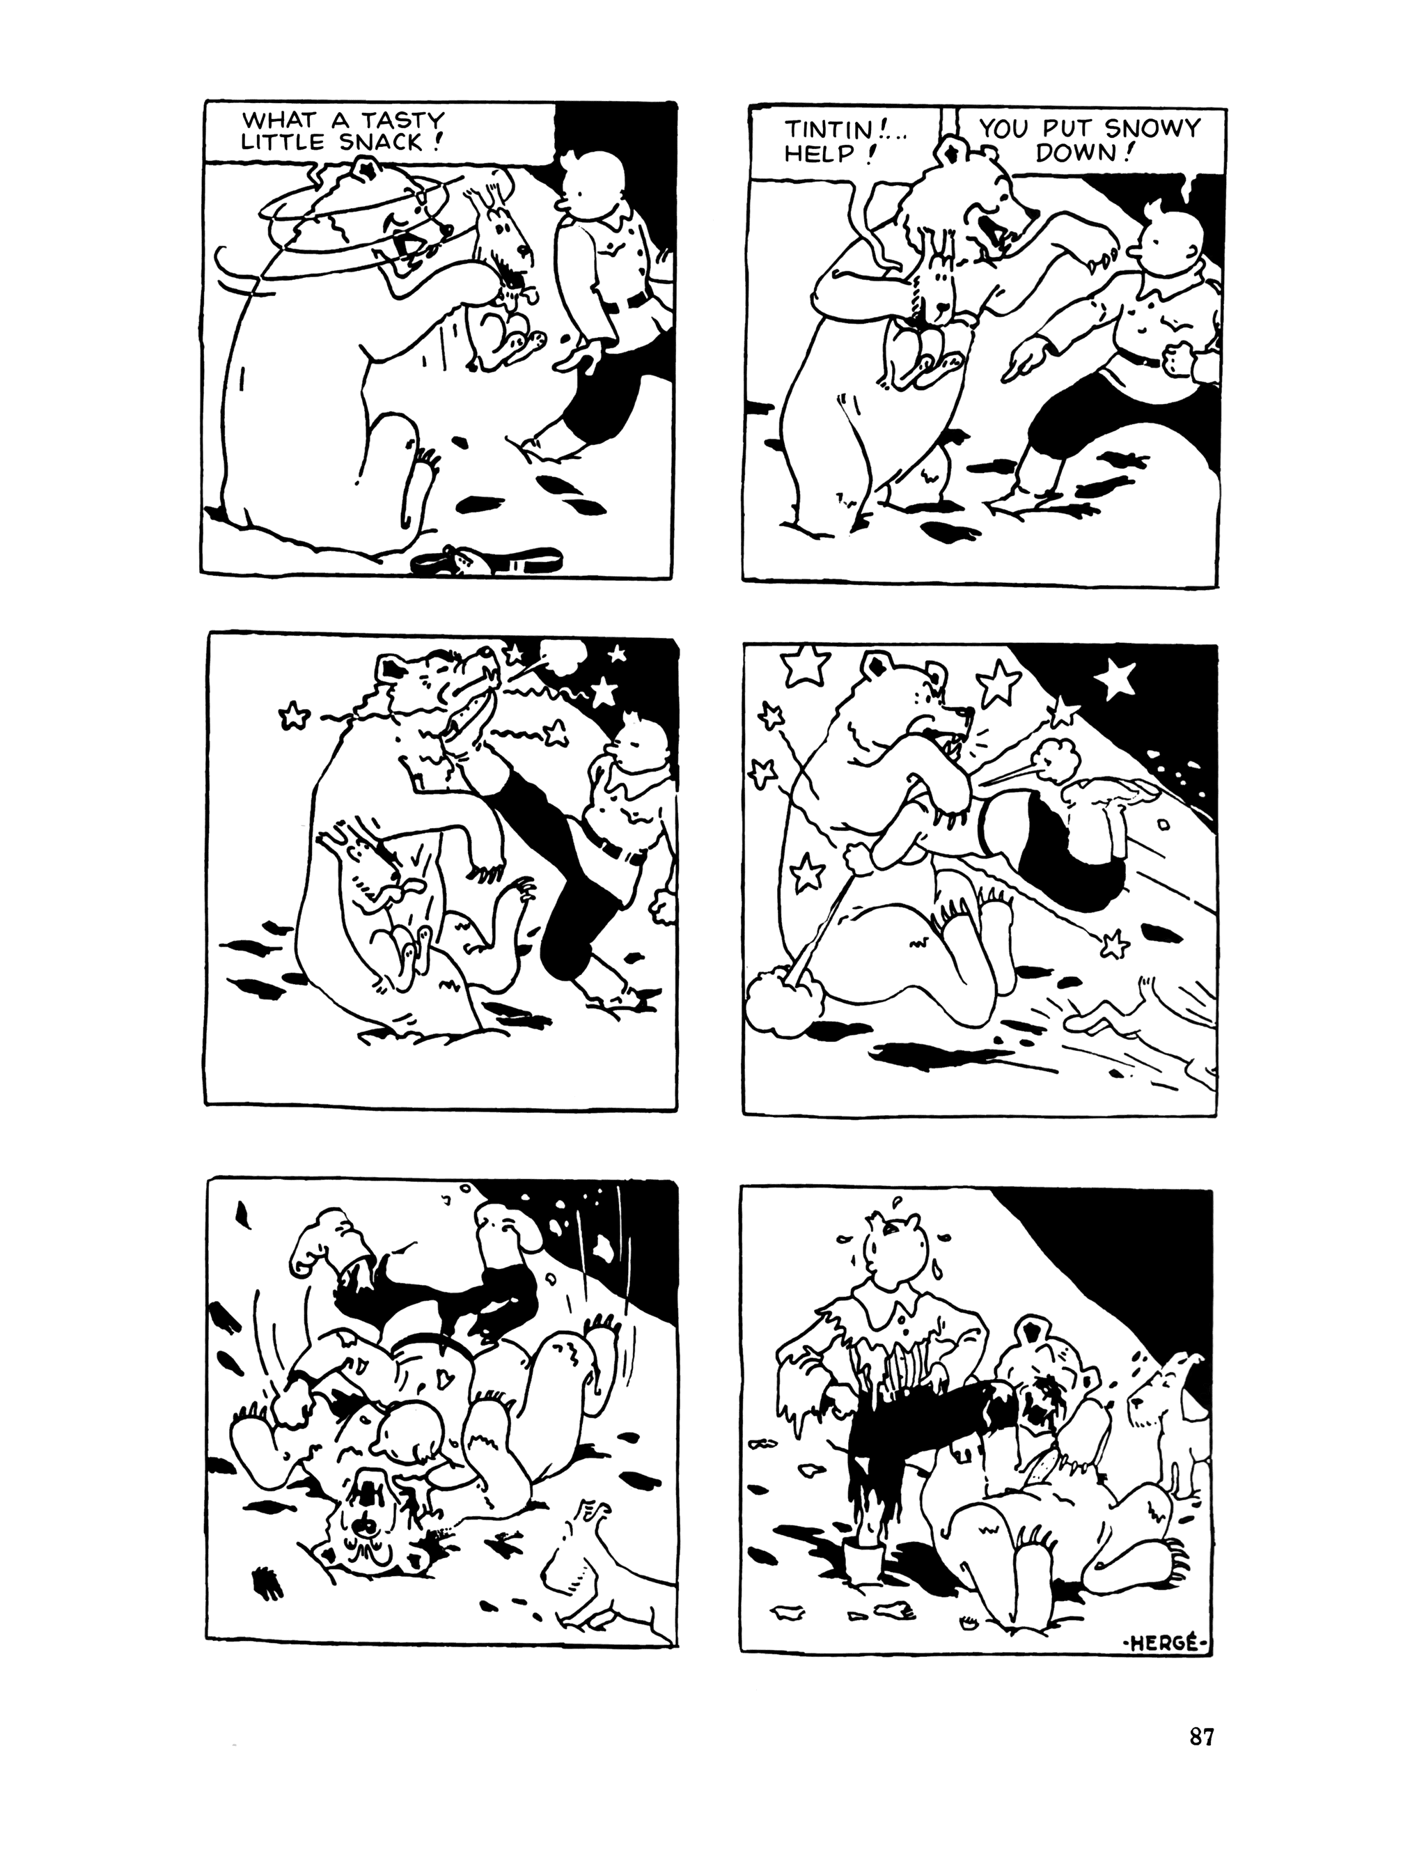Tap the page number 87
click(x=1200, y=1737)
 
